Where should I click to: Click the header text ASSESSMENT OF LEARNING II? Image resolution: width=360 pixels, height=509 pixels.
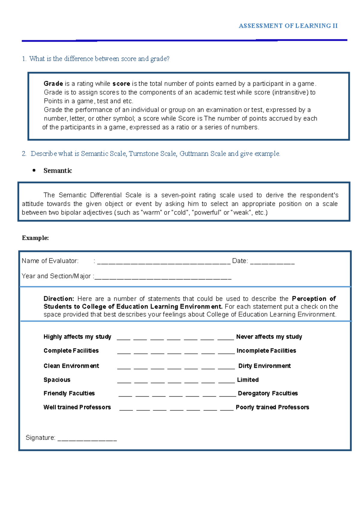[x=288, y=26]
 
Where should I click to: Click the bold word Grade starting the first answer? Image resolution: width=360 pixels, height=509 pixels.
[x=53, y=84]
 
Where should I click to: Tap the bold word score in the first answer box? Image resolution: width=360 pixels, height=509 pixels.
[x=121, y=84]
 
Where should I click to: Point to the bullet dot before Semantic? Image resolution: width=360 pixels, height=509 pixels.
[x=34, y=170]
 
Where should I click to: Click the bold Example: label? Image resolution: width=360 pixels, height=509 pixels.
[x=35, y=238]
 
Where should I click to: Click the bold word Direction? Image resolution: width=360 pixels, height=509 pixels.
[x=58, y=299]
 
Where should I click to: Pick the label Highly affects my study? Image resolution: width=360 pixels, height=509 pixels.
[x=77, y=337]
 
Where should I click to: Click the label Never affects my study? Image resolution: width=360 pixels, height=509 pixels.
[x=269, y=337]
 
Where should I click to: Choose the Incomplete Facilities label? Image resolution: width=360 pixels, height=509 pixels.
[x=266, y=351]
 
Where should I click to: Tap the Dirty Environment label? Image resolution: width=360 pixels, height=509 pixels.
[x=264, y=366]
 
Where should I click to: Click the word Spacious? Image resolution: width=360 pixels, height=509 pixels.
[x=57, y=380]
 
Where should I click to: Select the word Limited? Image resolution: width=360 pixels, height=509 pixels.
[x=247, y=380]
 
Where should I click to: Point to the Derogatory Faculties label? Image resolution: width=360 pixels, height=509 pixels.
[x=268, y=393]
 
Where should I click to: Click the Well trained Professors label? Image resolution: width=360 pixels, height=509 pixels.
[x=77, y=407]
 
